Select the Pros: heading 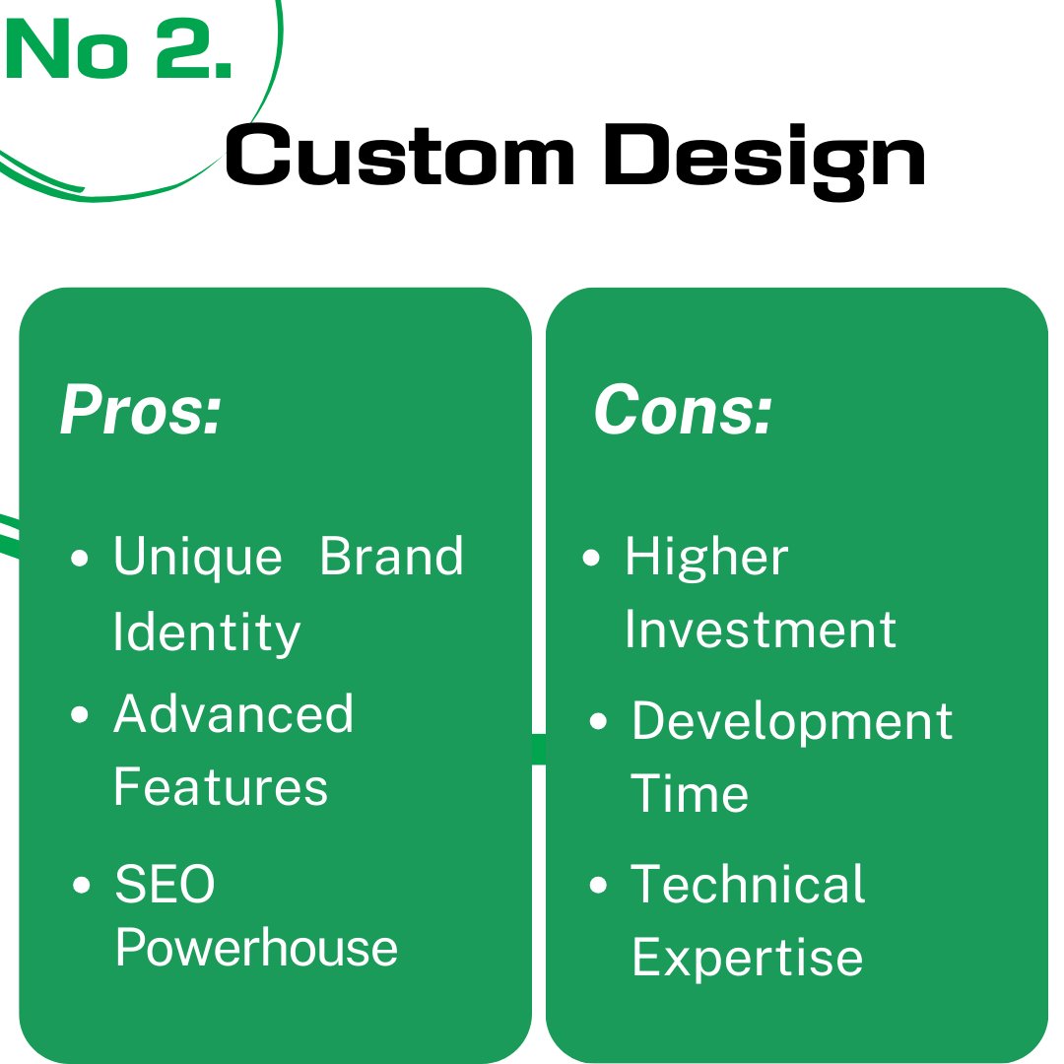pos(141,410)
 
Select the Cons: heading pos(683,410)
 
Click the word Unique pos(197,557)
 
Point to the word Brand pos(392,557)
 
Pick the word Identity pos(207,632)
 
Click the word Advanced pos(233,713)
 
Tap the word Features pos(221,787)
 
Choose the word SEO pos(165,884)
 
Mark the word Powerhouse pos(256,948)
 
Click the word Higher pos(706,558)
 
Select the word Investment pos(761,631)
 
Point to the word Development pos(792,722)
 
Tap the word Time pos(690,794)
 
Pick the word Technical pos(748,884)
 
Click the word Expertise pos(747,957)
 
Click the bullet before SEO pos(82,885)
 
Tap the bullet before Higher pos(591,559)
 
